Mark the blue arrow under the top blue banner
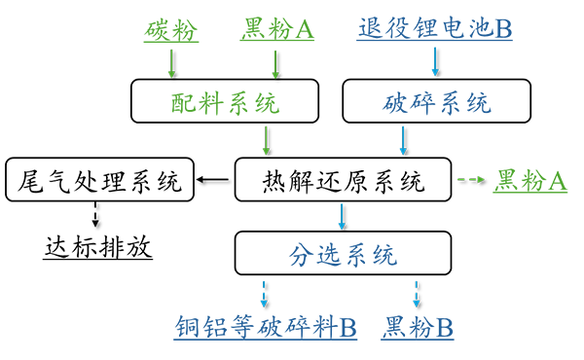429,60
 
